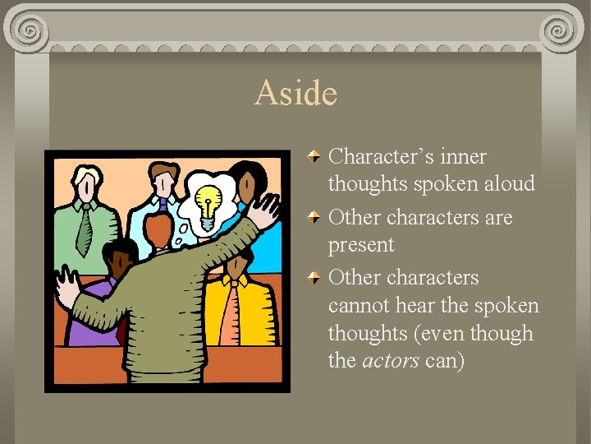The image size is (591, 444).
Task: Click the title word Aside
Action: tap(295, 93)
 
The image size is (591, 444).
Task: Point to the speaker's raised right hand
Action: tap(265, 210)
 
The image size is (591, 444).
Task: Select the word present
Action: tap(361, 245)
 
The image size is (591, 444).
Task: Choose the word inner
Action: tap(465, 156)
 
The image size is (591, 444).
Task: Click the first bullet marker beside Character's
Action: tap(315, 155)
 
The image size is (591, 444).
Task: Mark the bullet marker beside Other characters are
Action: tap(315, 217)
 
